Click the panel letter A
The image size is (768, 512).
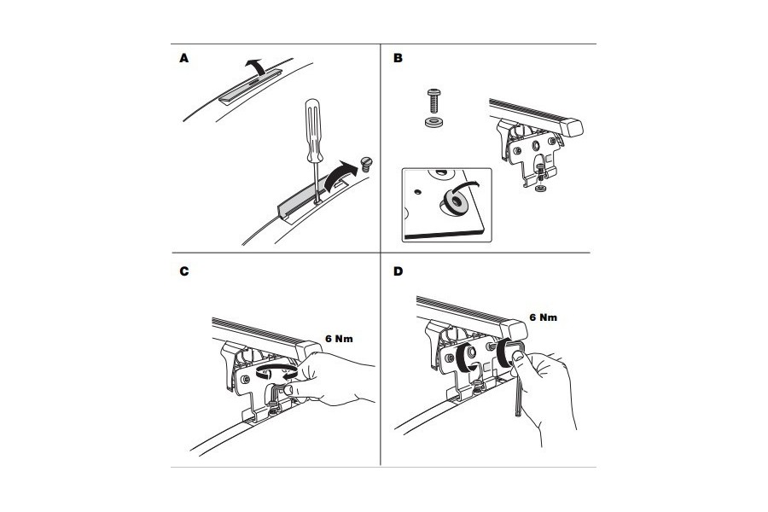pyautogui.click(x=183, y=59)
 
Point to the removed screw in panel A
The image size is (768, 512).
pyautogui.click(x=369, y=162)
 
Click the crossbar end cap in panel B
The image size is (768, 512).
pyautogui.click(x=575, y=128)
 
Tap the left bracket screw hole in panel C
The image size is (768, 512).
pyautogui.click(x=247, y=376)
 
